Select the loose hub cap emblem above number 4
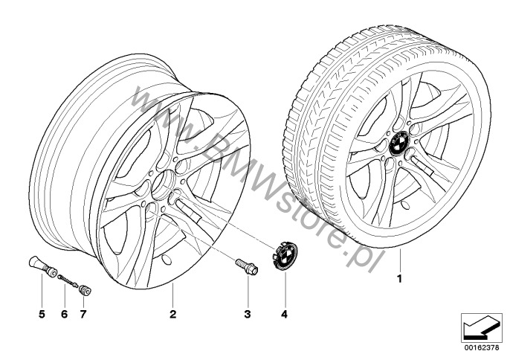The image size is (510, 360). pos(283,256)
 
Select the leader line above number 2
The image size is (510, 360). pos(172,295)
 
